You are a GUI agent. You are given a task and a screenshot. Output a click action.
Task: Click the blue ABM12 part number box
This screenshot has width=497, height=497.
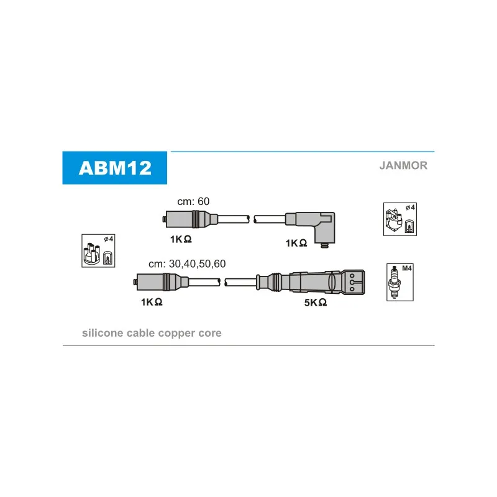click(x=115, y=168)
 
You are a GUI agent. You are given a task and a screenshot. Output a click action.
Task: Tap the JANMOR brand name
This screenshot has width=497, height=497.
click(x=403, y=165)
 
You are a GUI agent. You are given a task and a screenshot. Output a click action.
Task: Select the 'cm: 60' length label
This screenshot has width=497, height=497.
click(x=193, y=201)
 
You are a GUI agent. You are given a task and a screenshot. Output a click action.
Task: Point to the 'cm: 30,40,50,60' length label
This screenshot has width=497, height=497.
click(x=187, y=263)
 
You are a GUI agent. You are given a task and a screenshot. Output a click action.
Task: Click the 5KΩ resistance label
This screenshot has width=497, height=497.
click(x=316, y=303)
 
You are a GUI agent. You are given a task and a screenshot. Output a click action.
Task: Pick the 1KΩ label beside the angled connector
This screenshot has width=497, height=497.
click(x=296, y=243)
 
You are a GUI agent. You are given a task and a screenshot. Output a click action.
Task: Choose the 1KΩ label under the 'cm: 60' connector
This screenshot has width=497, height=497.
click(x=181, y=239)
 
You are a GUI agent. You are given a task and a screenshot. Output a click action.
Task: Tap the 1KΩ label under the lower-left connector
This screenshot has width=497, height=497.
click(x=152, y=302)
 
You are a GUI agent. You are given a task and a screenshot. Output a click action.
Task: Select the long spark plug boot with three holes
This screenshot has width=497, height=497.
click(x=311, y=281)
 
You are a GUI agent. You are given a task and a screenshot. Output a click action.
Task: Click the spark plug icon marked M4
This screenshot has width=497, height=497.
click(x=400, y=282)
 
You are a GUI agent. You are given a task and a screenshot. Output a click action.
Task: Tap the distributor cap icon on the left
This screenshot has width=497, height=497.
click(x=98, y=251)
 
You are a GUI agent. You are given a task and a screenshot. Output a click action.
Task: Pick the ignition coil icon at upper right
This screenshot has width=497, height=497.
click(x=400, y=219)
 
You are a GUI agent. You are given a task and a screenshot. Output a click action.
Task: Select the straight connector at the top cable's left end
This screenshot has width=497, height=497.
click(x=190, y=219)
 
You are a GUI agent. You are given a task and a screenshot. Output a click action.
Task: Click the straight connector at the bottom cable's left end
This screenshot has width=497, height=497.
click(x=161, y=282)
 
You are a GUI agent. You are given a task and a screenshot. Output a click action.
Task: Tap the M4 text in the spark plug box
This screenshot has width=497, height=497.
click(x=407, y=268)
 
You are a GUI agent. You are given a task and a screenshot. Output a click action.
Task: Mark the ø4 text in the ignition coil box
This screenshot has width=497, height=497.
click(x=410, y=207)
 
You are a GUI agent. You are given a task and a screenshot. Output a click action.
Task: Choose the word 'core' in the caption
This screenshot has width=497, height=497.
click(x=210, y=333)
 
